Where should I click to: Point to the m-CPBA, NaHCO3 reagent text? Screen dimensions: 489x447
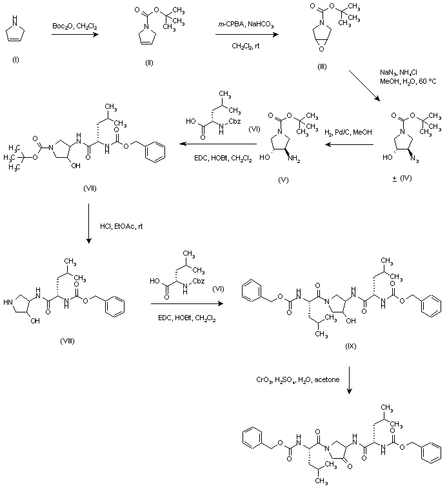pos(246,24)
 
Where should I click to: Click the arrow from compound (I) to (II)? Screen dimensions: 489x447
pos(75,36)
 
